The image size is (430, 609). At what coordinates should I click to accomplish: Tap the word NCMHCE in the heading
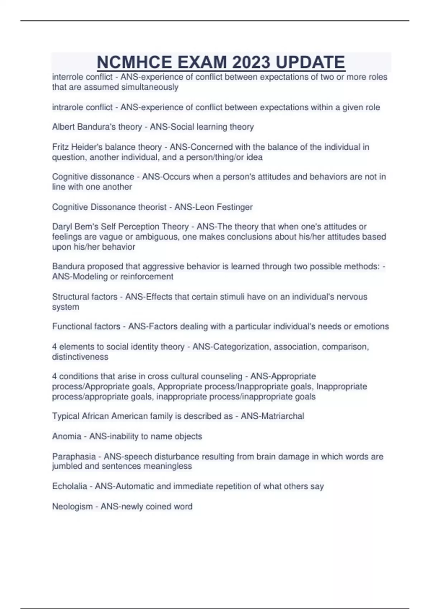[x=134, y=62]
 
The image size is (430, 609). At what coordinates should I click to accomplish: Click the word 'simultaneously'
[x=150, y=87]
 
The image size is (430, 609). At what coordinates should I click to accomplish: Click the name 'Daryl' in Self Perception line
[x=62, y=227]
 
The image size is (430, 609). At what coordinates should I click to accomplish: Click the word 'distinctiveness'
[x=80, y=357]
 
